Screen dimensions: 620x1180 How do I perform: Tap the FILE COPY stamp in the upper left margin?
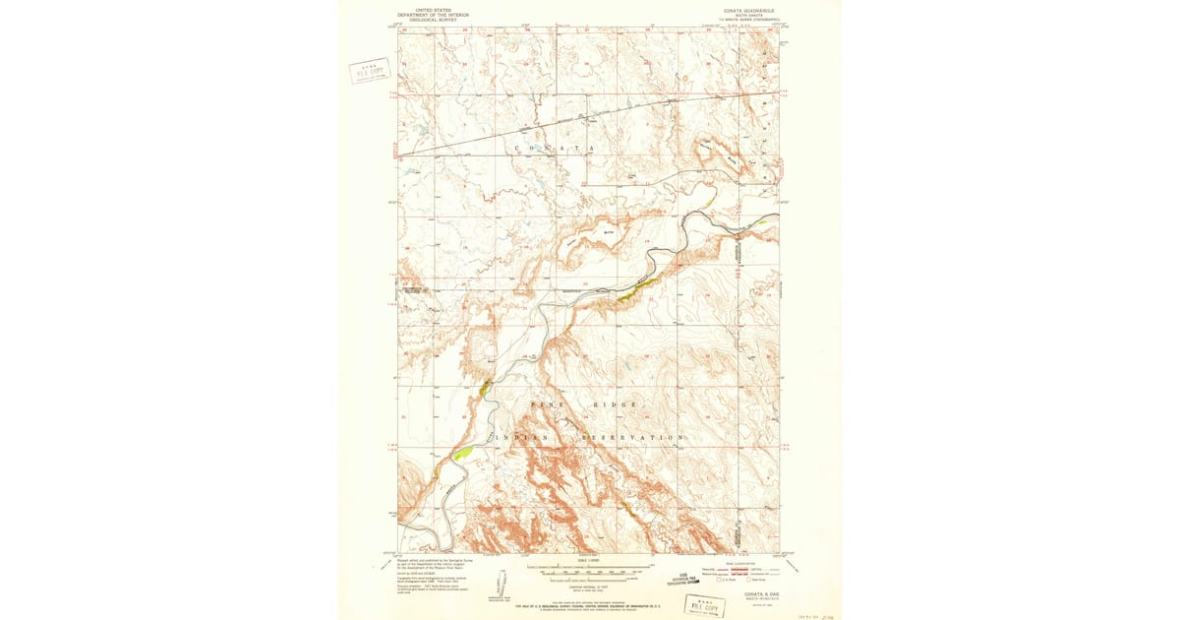tap(370, 70)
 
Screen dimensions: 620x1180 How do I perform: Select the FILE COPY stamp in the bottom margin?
tap(705, 603)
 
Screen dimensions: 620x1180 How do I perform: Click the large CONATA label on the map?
tap(556, 148)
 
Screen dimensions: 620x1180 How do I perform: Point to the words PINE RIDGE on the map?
tap(585, 404)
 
